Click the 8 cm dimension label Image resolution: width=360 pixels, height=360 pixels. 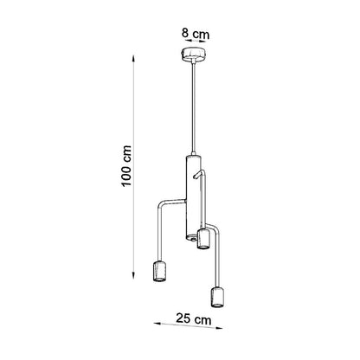196,34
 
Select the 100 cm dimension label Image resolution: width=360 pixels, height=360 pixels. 127,166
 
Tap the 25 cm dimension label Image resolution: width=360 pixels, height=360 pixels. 194,319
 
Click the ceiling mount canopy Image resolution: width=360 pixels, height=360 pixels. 193,55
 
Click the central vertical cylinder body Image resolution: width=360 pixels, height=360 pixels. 193,197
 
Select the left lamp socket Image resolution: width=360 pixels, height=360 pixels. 159,271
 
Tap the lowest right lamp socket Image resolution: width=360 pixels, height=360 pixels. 218,297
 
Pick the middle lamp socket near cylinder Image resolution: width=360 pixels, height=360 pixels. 203,239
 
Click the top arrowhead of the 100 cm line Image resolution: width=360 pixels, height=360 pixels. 133,58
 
